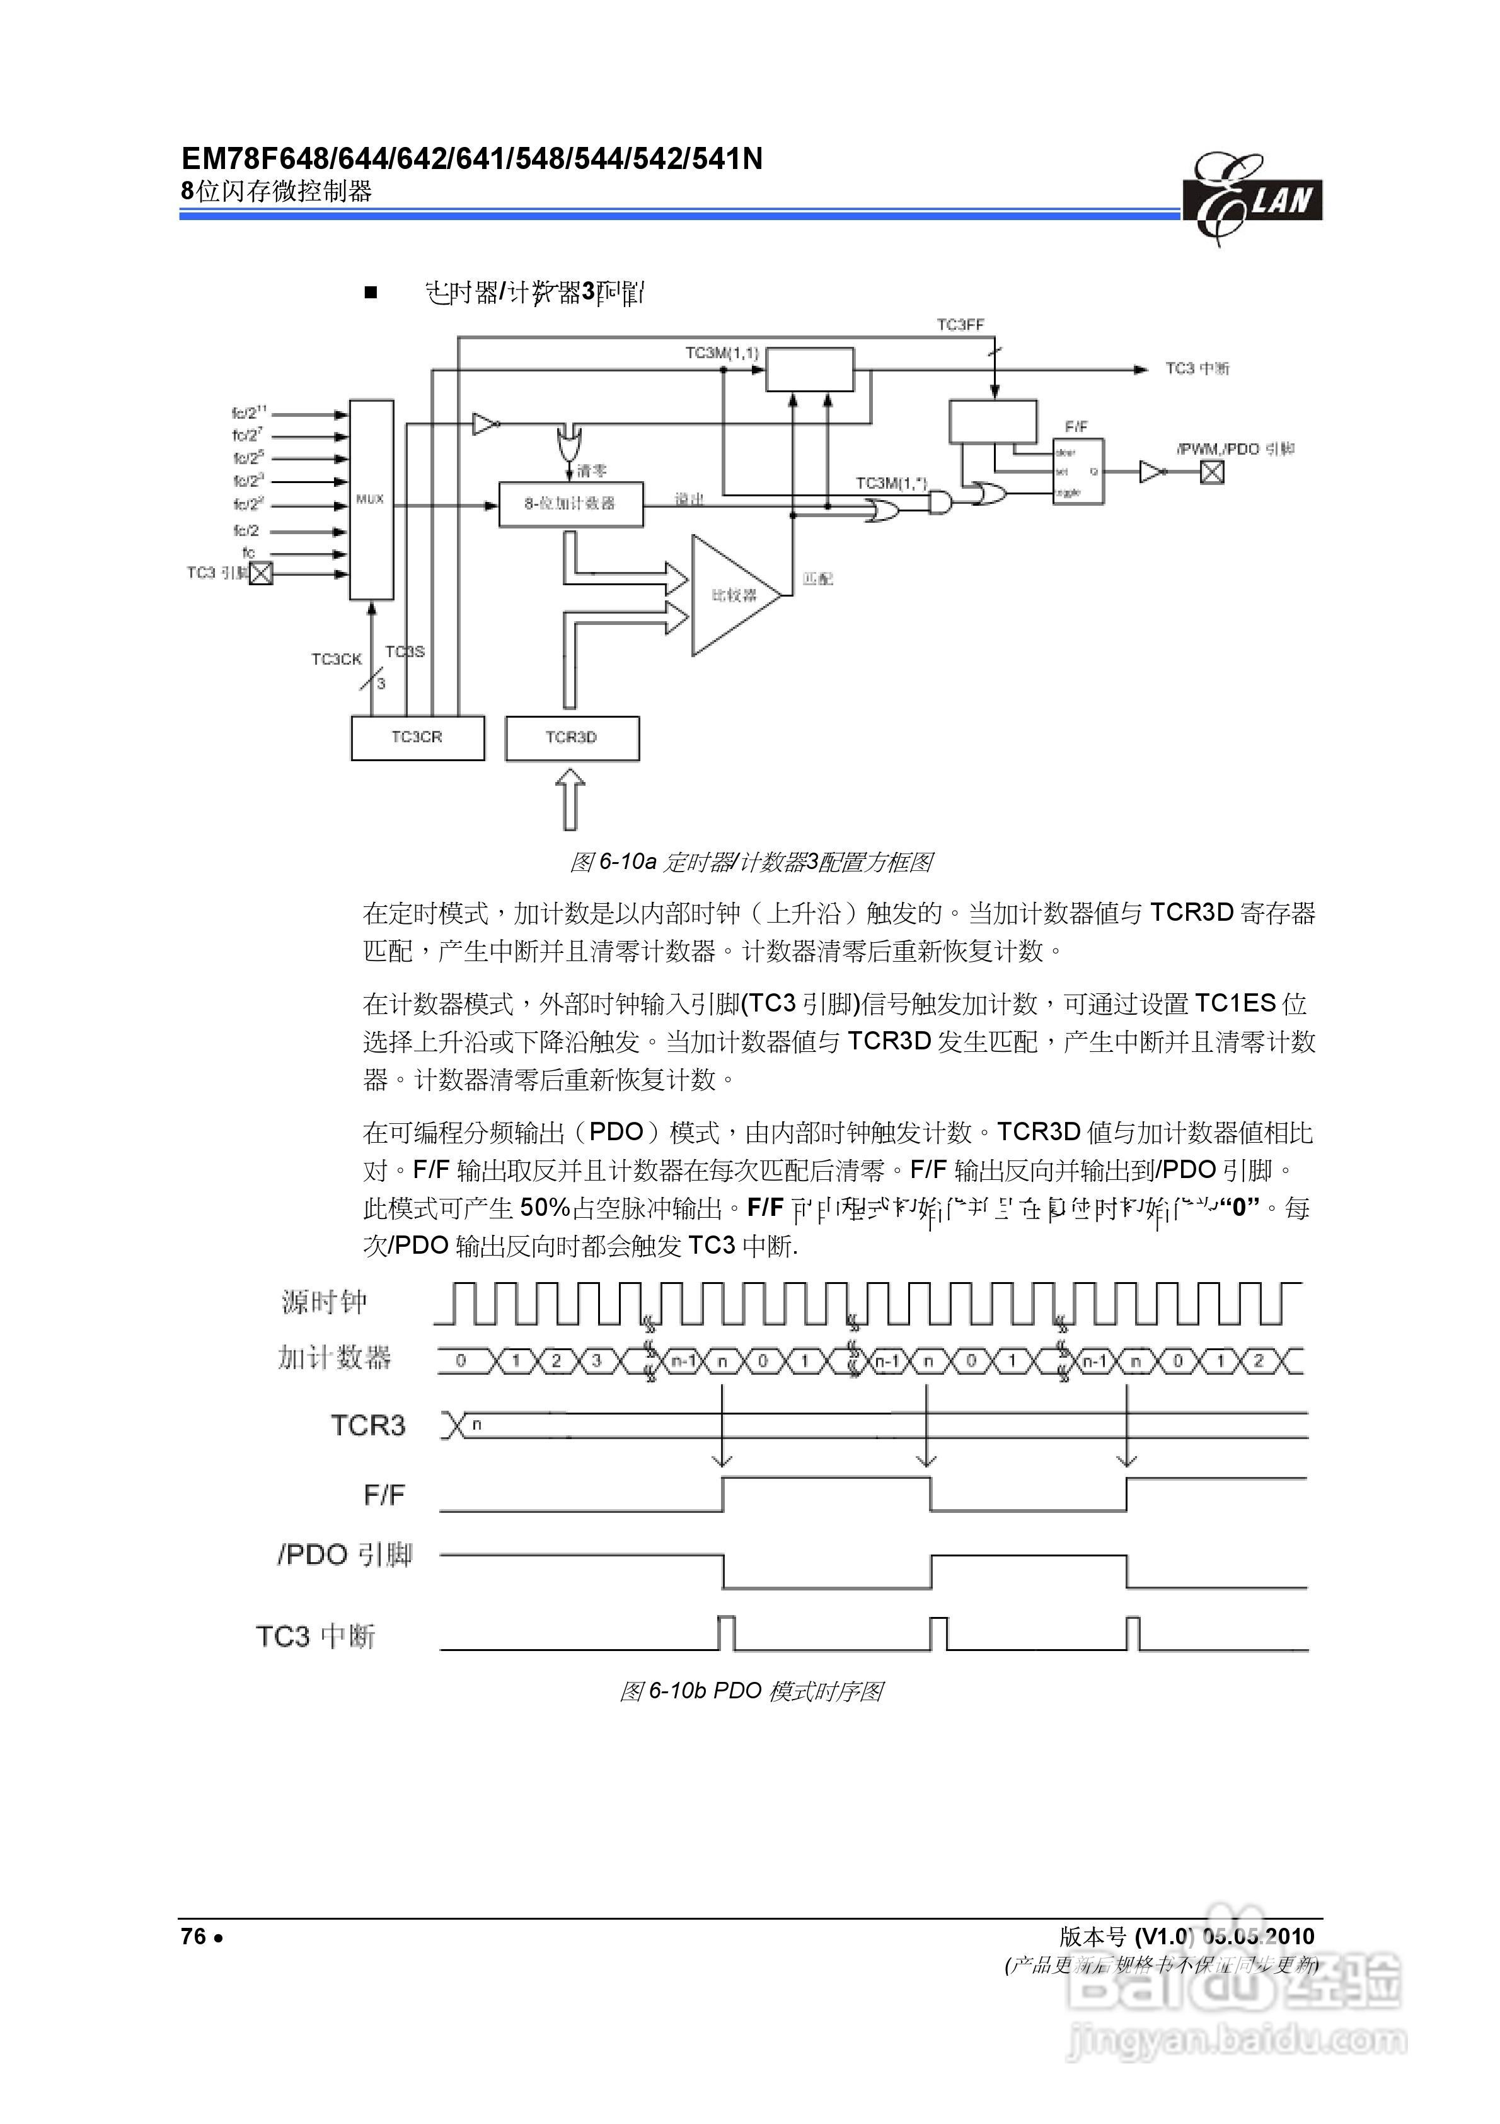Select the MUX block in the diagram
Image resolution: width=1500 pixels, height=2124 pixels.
(371, 499)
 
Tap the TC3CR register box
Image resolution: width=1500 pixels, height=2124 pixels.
(417, 737)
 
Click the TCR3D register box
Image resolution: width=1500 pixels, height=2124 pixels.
(572, 737)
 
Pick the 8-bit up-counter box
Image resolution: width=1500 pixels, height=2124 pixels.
(570, 504)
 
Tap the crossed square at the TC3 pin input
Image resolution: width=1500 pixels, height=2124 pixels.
(262, 573)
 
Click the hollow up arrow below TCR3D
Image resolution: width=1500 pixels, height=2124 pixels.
(570, 801)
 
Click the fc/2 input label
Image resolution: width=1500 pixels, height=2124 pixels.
(246, 531)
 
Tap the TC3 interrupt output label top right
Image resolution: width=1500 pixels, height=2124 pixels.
(1197, 368)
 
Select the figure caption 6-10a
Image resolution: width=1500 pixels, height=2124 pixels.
(750, 862)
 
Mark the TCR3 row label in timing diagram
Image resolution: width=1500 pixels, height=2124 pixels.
(368, 1425)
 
